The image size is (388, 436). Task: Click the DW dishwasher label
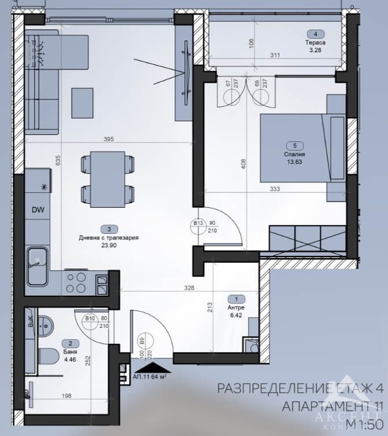38,210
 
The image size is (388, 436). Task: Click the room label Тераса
316,43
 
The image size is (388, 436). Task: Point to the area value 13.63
294,162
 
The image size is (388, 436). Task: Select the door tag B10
90,317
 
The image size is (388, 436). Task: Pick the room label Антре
235,307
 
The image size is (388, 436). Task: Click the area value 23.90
110,245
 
